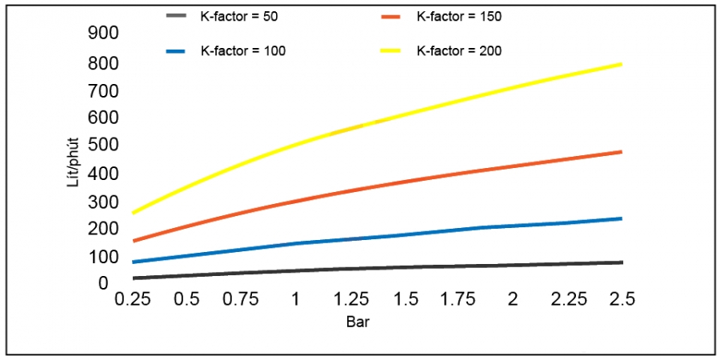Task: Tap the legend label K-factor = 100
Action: pos(243,50)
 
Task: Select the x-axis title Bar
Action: pos(357,323)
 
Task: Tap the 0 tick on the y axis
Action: pos(103,283)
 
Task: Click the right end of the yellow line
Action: pos(622,64)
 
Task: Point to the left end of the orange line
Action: pos(134,240)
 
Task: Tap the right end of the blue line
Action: pos(622,218)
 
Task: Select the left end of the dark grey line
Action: pos(134,278)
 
